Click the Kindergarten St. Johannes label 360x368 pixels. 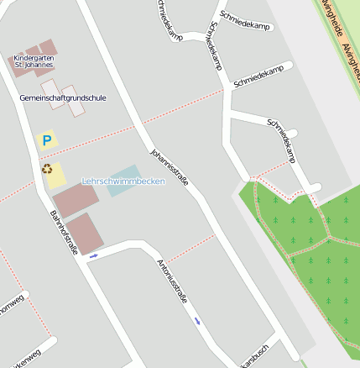(x=34, y=60)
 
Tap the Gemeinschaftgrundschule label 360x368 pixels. (x=63, y=98)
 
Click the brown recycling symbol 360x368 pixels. (x=46, y=168)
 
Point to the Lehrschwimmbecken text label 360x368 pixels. (x=123, y=181)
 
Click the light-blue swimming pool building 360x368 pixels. (x=124, y=179)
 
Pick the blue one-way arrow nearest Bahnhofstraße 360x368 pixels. (x=92, y=255)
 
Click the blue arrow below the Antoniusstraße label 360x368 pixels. (x=197, y=320)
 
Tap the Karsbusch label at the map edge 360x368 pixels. (x=253, y=356)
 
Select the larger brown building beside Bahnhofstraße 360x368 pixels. (x=76, y=200)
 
